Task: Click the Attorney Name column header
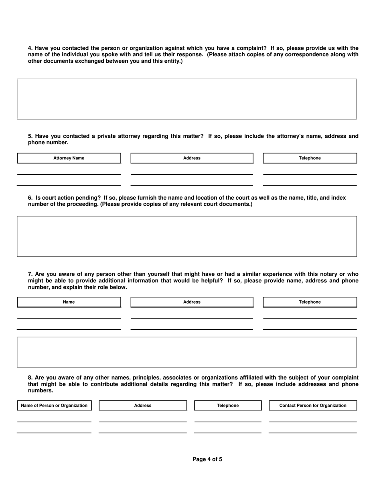[69, 158]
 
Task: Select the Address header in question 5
[192, 158]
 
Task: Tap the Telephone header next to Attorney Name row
[310, 158]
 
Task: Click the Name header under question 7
[69, 302]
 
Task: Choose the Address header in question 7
[192, 302]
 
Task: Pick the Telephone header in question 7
[310, 302]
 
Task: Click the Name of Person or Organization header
[54, 406]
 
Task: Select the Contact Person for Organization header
[312, 406]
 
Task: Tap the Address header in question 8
[143, 406]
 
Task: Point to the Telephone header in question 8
[228, 406]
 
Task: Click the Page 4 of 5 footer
[207, 459]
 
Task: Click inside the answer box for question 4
[186, 99]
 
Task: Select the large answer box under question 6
[186, 236]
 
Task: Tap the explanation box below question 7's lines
[186, 352]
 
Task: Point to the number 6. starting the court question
[30, 198]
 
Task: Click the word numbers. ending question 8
[40, 390]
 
